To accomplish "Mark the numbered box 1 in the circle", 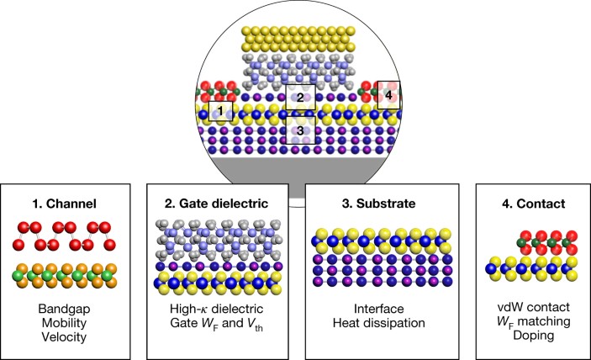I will (x=217, y=110).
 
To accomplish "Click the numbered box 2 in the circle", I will (x=298, y=97).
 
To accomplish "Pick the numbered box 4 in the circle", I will (x=388, y=94).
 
